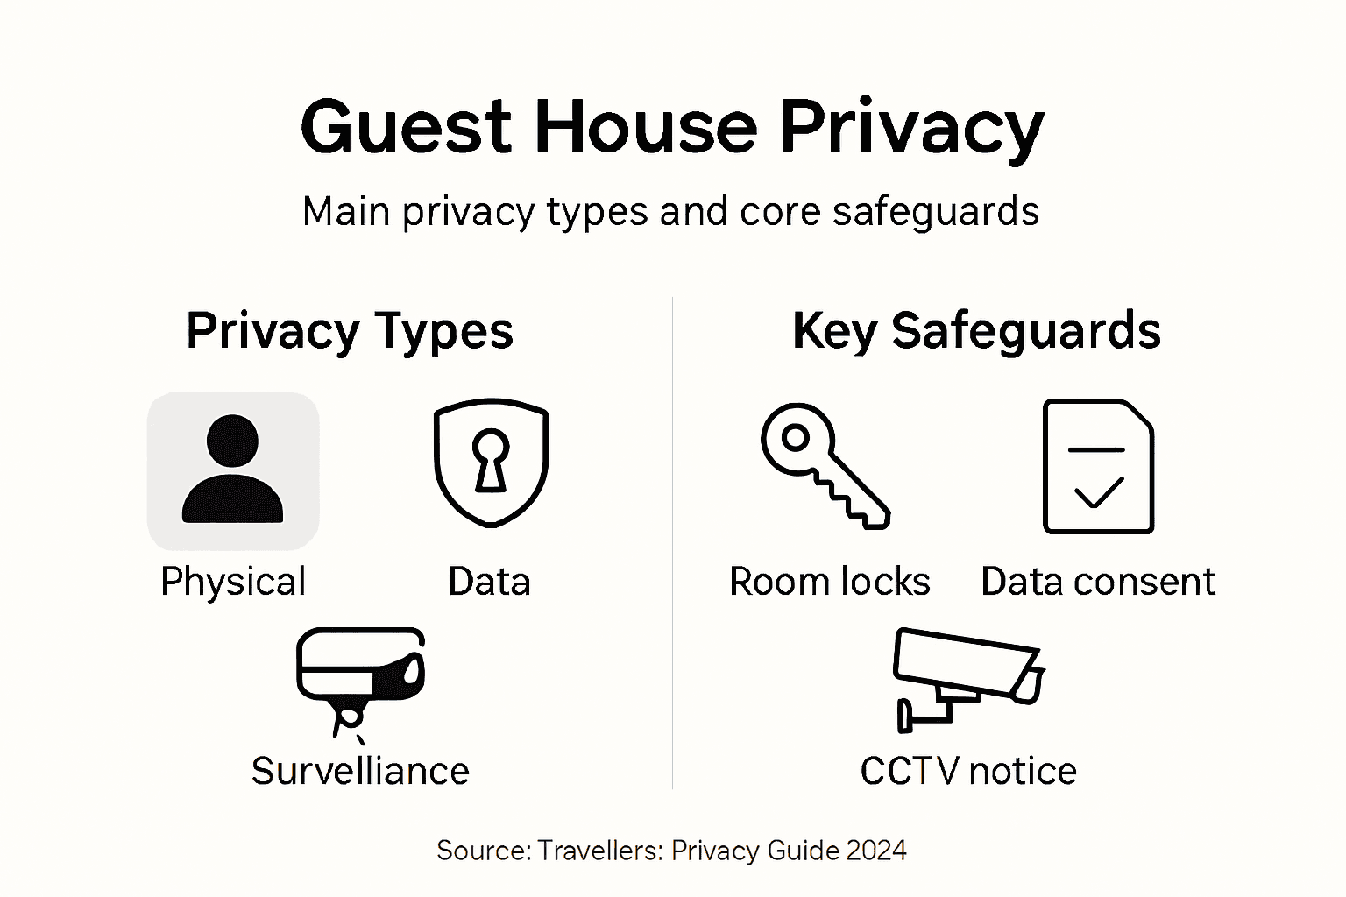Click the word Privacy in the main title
[x=911, y=128]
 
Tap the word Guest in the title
[x=406, y=128]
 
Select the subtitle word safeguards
[x=935, y=212]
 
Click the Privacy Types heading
[x=350, y=331]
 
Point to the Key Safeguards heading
[x=976, y=331]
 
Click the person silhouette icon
[x=233, y=470]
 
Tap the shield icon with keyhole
[x=491, y=463]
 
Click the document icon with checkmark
[x=1098, y=466]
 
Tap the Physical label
[x=233, y=582]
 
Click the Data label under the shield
[x=489, y=582]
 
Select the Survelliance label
[x=360, y=771]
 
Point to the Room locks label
[x=829, y=582]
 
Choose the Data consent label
[x=1098, y=582]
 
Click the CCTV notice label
[x=967, y=771]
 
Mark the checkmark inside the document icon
[x=1099, y=492]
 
